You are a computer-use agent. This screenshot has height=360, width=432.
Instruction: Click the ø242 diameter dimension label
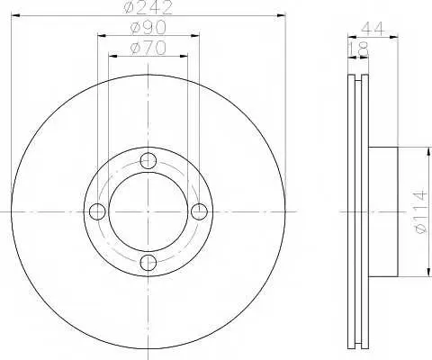[x=148, y=7]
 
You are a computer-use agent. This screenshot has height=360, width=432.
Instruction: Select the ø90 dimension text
[x=148, y=28]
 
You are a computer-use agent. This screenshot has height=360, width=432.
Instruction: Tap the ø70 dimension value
[x=148, y=48]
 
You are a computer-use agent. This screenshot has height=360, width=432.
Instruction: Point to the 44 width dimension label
[x=373, y=29]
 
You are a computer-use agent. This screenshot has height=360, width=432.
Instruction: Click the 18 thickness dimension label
[x=359, y=49]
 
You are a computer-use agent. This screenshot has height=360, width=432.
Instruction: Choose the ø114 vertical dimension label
[x=419, y=211]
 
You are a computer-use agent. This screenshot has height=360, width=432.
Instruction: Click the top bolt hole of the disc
[x=148, y=160]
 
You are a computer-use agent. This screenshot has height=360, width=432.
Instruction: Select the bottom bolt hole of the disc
[x=148, y=263]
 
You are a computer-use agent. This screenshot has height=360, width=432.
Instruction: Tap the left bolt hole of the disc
[x=97, y=211]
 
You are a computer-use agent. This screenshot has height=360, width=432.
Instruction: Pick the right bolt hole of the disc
[x=199, y=211]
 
